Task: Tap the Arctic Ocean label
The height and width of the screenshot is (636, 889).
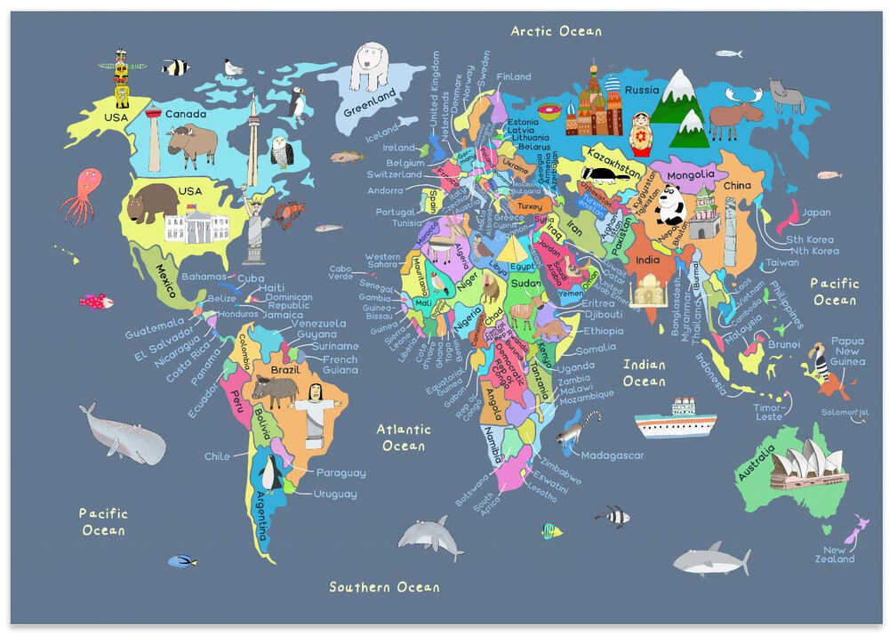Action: (x=556, y=31)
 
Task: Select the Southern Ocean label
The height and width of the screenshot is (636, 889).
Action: (x=384, y=587)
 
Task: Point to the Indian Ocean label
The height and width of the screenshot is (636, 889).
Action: (x=644, y=373)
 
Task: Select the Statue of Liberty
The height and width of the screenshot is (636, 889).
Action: (x=256, y=228)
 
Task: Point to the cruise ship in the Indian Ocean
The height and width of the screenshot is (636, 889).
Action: (x=676, y=419)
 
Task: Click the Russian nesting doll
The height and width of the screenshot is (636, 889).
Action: (x=640, y=133)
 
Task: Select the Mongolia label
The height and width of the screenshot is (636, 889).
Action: (x=691, y=174)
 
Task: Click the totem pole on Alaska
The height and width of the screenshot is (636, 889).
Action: (x=122, y=79)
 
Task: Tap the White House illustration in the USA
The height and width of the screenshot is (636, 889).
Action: (x=196, y=227)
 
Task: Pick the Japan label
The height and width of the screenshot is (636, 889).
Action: (x=816, y=213)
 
